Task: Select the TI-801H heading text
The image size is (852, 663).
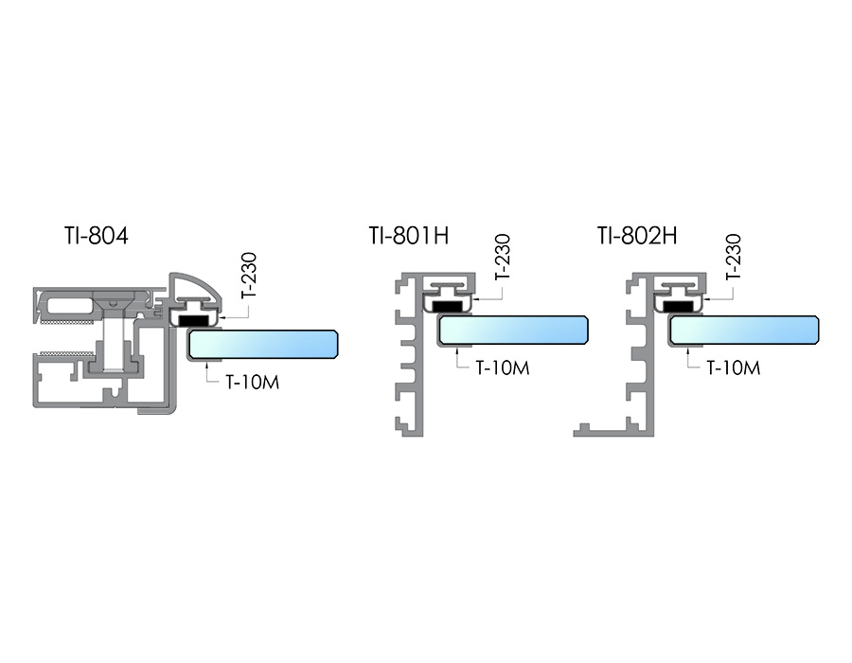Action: coord(408,236)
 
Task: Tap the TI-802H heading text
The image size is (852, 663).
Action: coord(637,236)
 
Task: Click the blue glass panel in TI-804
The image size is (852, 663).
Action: coord(263,345)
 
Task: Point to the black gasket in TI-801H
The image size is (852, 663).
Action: coord(450,306)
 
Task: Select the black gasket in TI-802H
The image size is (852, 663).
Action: coord(681,306)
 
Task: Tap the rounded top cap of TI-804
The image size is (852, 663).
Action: coord(193,283)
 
